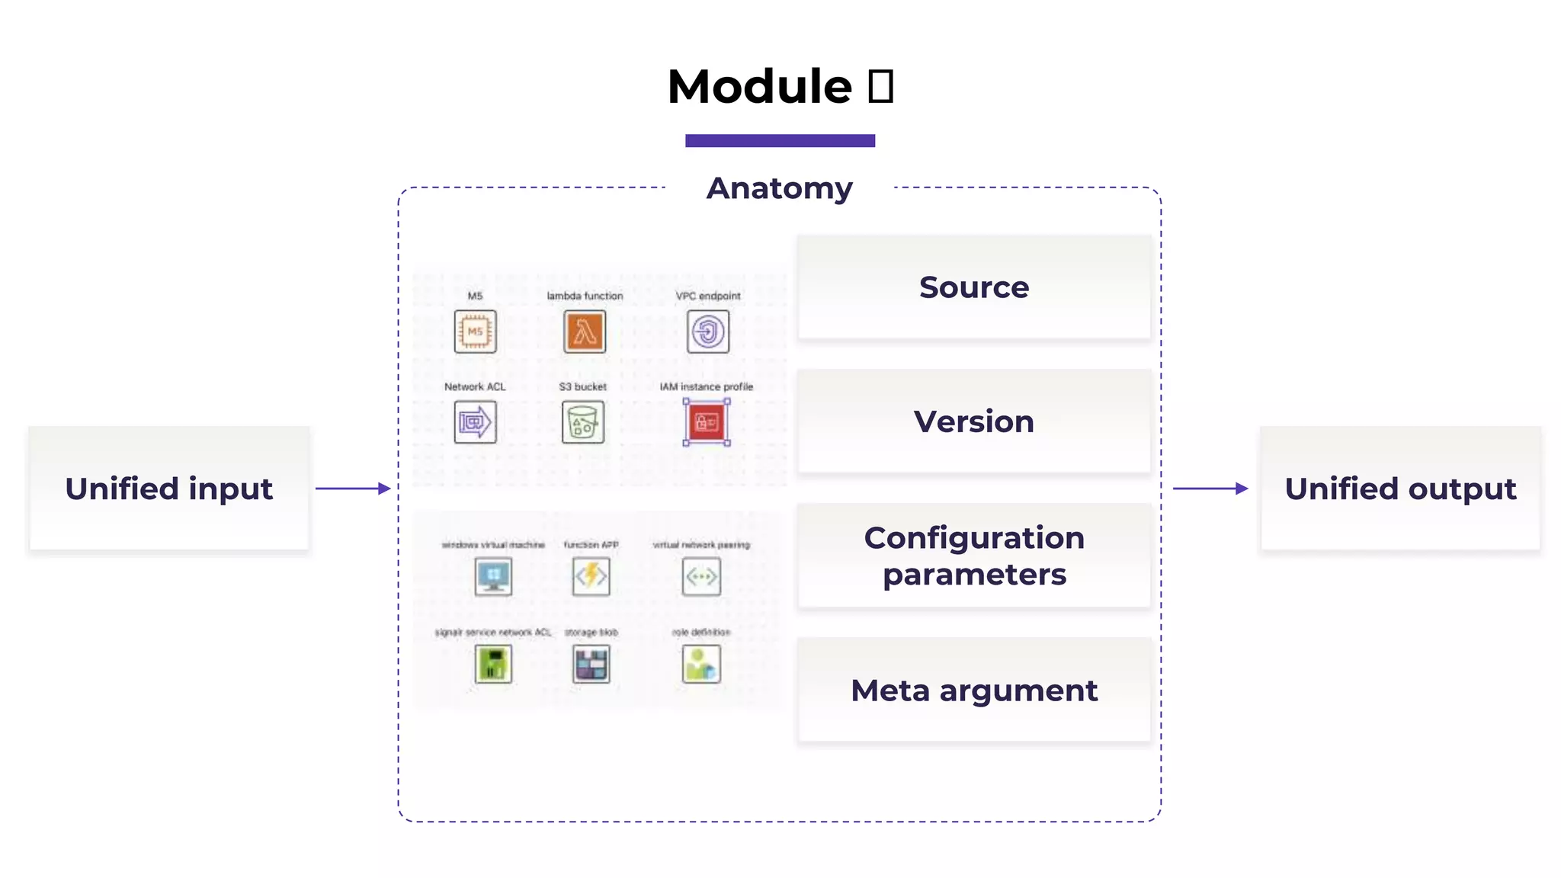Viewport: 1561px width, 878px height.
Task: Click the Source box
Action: pyautogui.click(x=973, y=287)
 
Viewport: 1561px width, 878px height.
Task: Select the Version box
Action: pyautogui.click(x=973, y=421)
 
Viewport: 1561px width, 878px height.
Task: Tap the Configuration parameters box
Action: pyautogui.click(x=973, y=556)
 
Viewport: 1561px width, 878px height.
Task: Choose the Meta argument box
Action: pyautogui.click(x=973, y=690)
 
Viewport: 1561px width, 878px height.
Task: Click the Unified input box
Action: pyautogui.click(x=168, y=489)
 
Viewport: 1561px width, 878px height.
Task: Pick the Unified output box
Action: pyautogui.click(x=1399, y=489)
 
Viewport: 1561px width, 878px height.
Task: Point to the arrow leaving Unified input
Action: pyautogui.click(x=352, y=489)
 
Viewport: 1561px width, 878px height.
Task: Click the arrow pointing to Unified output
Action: pyautogui.click(x=1210, y=489)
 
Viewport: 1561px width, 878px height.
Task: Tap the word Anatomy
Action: pyautogui.click(x=779, y=188)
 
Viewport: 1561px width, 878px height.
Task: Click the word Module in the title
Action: pyautogui.click(x=759, y=86)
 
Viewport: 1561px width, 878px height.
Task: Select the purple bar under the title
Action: pyautogui.click(x=780, y=140)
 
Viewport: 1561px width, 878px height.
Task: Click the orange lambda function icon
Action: pyautogui.click(x=585, y=332)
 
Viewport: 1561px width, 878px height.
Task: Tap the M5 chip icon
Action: pyautogui.click(x=475, y=332)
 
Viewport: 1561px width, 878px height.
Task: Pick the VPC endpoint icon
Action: pyautogui.click(x=707, y=332)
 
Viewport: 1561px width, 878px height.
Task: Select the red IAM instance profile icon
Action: pyautogui.click(x=707, y=422)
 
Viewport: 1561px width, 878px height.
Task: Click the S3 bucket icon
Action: pyautogui.click(x=583, y=422)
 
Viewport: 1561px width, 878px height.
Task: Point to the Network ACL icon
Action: pyautogui.click(x=475, y=422)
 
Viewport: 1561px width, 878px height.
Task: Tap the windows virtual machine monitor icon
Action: pyautogui.click(x=493, y=576)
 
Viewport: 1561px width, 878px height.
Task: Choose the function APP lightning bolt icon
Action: pyautogui.click(x=591, y=576)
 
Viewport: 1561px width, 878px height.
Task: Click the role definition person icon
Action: pyautogui.click(x=701, y=664)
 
